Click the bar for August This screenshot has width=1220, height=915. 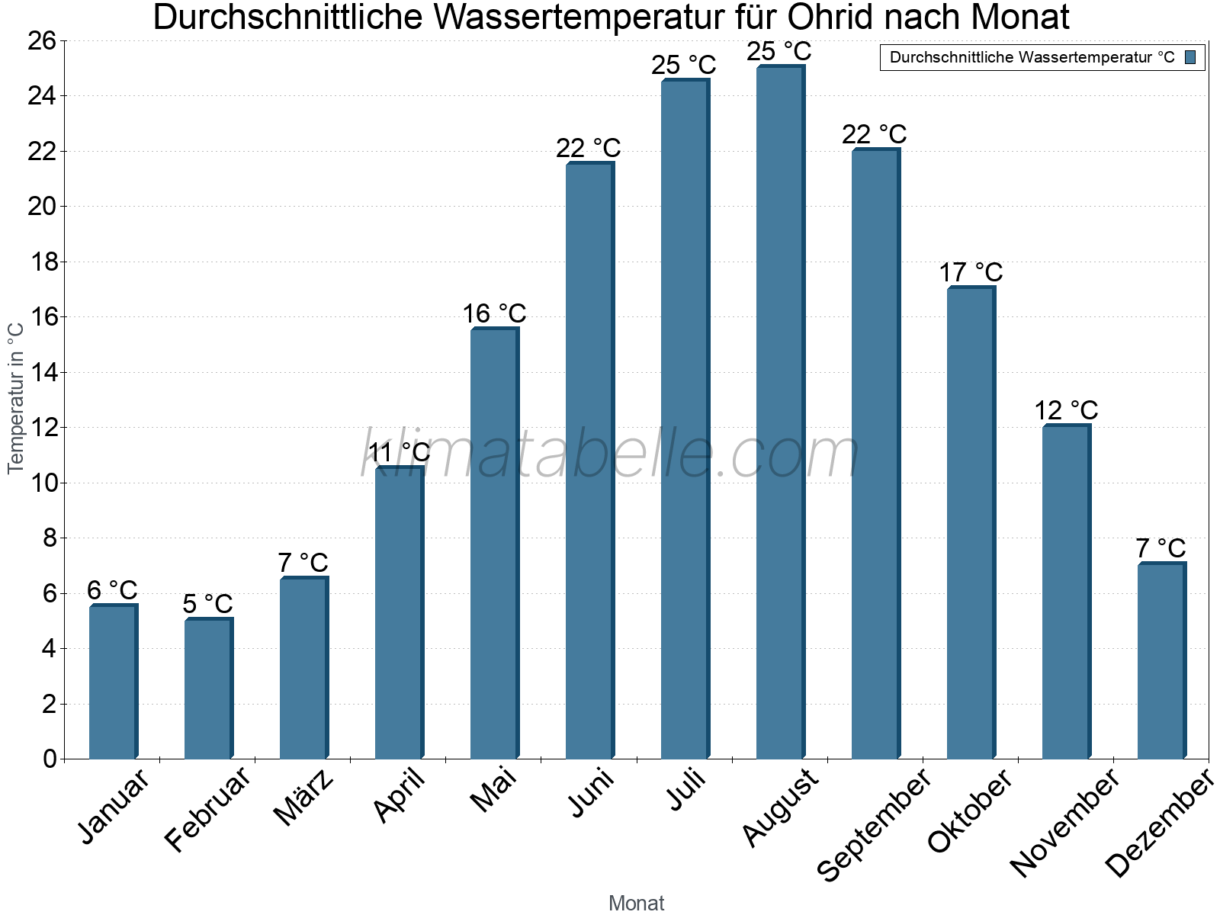pyautogui.click(x=780, y=412)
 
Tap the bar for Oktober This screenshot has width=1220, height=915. pyautogui.click(x=971, y=522)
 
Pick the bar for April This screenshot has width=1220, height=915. pyautogui.click(x=400, y=612)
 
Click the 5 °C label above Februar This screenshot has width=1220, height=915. pyautogui.click(x=207, y=603)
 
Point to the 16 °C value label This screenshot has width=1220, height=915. pyautogui.click(x=494, y=313)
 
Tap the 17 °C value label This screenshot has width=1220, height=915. pyautogui.click(x=971, y=272)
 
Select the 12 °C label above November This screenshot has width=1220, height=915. pyautogui.click(x=1066, y=410)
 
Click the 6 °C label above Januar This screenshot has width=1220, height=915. pyautogui.click(x=112, y=590)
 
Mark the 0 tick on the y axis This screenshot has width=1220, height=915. pyautogui.click(x=50, y=759)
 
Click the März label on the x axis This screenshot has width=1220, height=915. pyautogui.click(x=303, y=797)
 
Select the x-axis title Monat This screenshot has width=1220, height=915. pyautogui.click(x=637, y=903)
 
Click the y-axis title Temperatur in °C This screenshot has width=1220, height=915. pyautogui.click(x=15, y=398)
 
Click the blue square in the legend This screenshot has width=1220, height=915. pyautogui.click(x=1190, y=57)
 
